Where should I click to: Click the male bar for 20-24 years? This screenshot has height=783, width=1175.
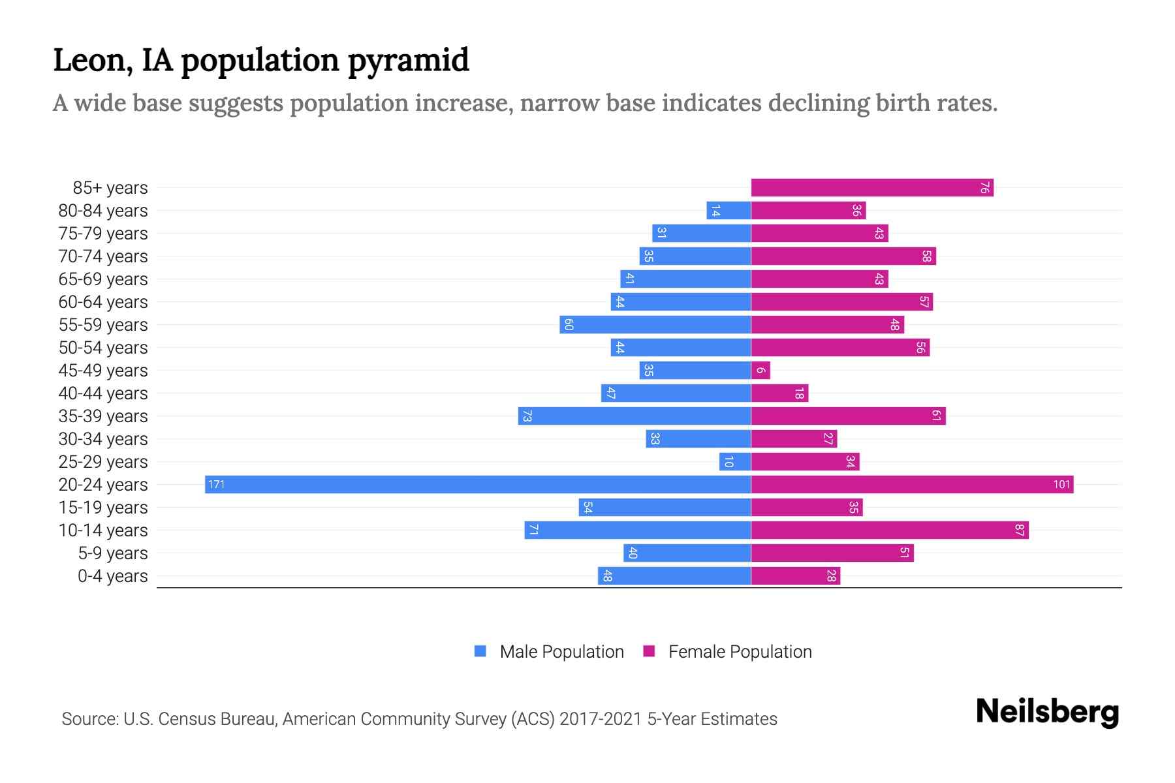[x=478, y=484]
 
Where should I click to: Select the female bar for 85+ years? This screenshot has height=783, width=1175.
[x=872, y=188]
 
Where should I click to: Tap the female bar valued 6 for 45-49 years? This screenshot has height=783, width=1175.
[x=760, y=371]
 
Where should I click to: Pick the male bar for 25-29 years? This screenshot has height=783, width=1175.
[x=735, y=462]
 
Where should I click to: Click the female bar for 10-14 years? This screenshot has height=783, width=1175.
[x=890, y=530]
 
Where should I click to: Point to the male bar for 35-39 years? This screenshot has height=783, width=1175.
[x=634, y=416]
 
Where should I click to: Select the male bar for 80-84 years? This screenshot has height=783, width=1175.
[x=728, y=211]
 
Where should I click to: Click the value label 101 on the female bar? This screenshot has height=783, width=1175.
[x=1061, y=484]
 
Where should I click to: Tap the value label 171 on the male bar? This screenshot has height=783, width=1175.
[x=216, y=484]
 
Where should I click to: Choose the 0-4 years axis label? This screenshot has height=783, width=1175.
[x=112, y=576]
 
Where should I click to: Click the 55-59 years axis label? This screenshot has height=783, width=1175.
[x=103, y=325]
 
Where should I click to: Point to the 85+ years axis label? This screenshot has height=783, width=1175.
[x=110, y=188]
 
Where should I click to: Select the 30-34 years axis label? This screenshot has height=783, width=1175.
[x=103, y=439]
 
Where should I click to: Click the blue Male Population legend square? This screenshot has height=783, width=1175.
[x=480, y=651]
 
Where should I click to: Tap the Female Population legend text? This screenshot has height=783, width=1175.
[x=740, y=652]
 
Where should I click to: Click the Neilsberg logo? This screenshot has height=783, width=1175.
[x=1047, y=712]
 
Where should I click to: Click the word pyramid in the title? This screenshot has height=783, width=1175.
[x=408, y=61]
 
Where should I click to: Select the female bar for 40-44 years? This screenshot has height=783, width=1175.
[x=779, y=393]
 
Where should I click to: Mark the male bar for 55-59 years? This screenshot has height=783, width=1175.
[x=655, y=325]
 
